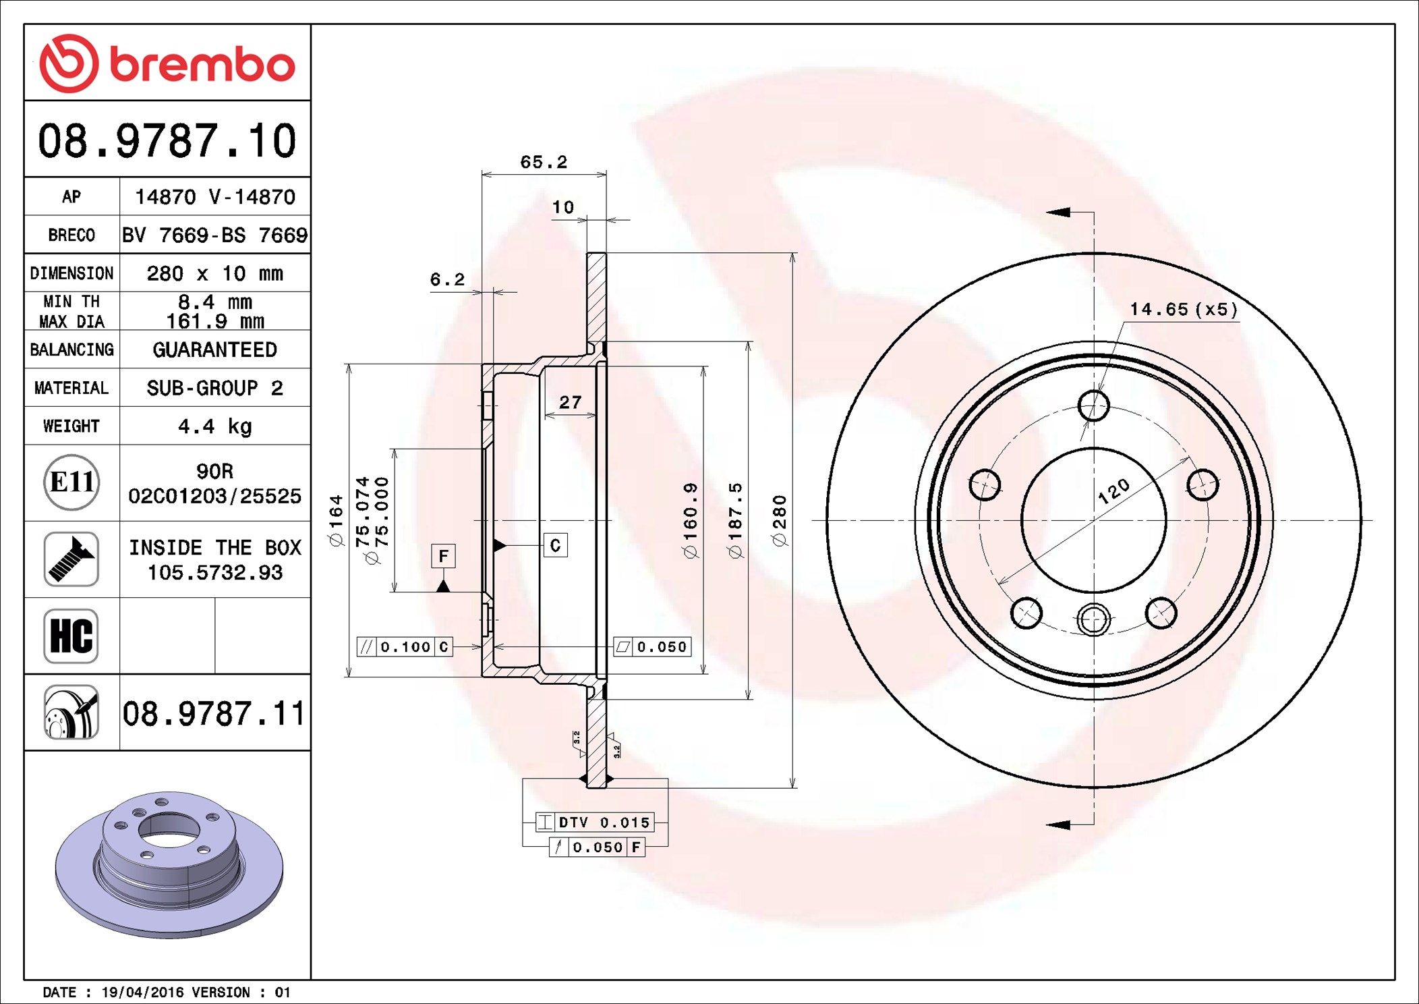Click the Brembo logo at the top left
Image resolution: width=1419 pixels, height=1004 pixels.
coord(167,63)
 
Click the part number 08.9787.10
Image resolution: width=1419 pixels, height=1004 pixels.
coord(167,140)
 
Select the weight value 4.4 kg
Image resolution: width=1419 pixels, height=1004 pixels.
coord(214,426)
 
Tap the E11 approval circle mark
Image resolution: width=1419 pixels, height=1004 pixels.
coord(71,482)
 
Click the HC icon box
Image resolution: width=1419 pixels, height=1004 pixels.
coord(71,636)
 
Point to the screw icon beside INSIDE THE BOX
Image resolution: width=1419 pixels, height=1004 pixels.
coord(71,559)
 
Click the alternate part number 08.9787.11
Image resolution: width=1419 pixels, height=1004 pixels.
coord(214,713)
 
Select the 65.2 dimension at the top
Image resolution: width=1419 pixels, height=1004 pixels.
coord(543,162)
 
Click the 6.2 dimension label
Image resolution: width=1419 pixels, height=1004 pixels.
coord(447,279)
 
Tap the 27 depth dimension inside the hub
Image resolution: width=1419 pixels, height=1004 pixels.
coord(570,402)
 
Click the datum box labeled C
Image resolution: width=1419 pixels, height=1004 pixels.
coord(555,545)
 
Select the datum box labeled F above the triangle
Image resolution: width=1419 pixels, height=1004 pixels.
coord(443,556)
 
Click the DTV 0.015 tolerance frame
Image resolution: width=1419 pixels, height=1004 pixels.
coord(595,822)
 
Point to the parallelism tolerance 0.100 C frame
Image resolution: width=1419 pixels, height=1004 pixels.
coord(405,646)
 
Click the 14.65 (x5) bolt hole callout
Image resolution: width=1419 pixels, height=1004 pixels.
coord(1184,309)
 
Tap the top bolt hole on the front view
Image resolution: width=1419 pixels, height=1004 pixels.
coord(1093,406)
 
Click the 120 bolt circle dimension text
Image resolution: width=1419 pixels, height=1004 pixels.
coord(1113,491)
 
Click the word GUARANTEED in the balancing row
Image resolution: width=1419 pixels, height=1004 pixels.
coord(214,350)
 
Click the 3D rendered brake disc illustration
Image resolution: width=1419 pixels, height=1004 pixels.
coord(169,864)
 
